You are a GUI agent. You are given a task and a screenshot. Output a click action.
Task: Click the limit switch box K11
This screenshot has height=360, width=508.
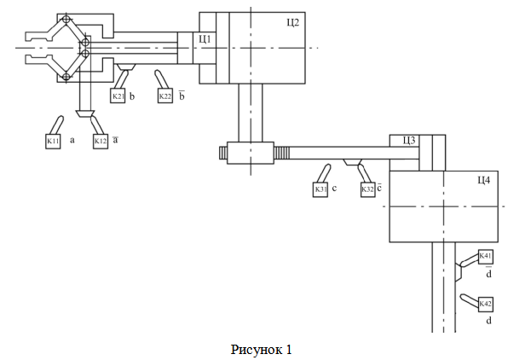[53, 141]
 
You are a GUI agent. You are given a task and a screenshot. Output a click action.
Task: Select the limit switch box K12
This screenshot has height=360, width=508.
[101, 141]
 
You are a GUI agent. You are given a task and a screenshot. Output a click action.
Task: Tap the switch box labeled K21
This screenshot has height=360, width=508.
[118, 96]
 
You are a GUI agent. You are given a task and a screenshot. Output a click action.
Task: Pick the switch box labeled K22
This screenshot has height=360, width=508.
[165, 96]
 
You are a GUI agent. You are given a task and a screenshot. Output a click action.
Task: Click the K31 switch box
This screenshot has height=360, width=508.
[320, 189]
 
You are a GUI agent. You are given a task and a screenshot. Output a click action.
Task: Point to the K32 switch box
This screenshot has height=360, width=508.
[368, 189]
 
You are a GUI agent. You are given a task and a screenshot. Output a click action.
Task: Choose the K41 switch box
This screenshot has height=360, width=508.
[486, 257]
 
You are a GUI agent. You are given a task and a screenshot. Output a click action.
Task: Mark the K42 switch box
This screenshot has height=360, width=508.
[486, 305]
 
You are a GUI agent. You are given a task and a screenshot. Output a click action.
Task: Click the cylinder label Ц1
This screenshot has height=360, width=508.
[205, 39]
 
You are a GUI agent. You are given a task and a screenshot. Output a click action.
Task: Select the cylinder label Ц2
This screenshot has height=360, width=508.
[293, 23]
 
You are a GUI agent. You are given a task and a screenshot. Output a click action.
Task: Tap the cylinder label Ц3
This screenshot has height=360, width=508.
[409, 141]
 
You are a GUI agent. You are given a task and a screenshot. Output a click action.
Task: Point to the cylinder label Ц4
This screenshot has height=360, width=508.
[483, 180]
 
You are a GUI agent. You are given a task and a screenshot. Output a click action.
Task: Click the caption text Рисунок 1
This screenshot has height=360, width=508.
[261, 350]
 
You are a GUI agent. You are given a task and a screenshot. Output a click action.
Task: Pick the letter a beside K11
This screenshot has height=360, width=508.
[72, 140]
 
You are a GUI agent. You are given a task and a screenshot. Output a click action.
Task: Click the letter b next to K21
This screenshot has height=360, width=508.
[132, 96]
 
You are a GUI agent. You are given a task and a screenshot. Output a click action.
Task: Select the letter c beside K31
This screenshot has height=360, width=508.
[335, 189]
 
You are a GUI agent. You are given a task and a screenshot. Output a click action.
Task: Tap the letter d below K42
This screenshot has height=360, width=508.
[488, 321]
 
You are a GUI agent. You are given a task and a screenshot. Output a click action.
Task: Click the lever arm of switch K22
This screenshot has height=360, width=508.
[159, 78]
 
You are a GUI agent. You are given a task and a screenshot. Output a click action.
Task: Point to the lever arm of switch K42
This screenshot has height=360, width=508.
[469, 300]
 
